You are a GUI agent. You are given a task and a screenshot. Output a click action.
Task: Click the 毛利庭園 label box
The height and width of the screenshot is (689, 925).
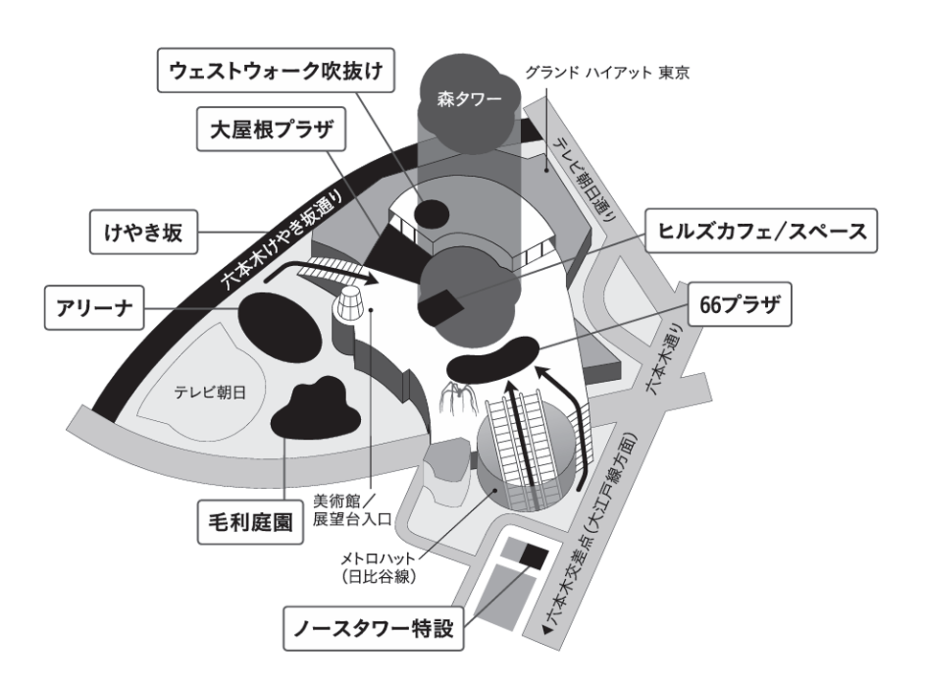pos(244,523)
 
